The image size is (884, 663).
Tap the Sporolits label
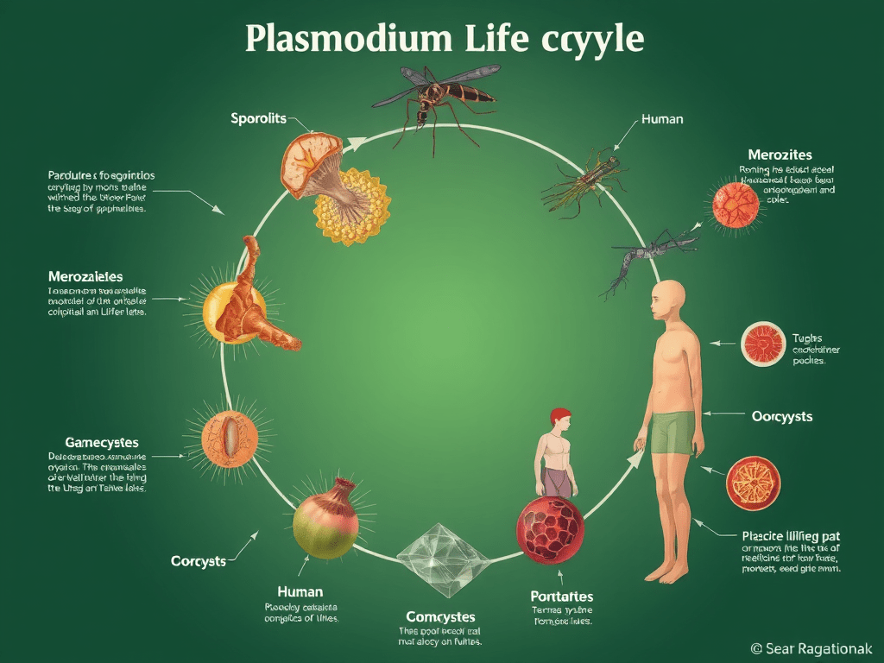[258, 118]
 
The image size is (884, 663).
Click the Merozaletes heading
[85, 276]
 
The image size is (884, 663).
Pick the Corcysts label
[198, 561]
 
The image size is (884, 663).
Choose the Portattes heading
[561, 597]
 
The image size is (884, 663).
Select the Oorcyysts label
[782, 416]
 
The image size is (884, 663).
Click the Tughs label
[807, 338]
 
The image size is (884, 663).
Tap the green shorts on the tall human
[672, 432]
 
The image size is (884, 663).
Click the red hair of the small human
[559, 414]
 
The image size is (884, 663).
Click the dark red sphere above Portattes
[550, 529]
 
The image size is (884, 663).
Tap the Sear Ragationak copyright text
[812, 647]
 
